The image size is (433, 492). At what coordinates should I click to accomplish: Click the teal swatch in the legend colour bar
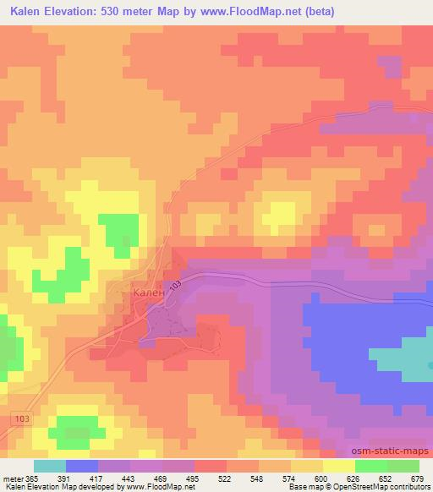(49, 466)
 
